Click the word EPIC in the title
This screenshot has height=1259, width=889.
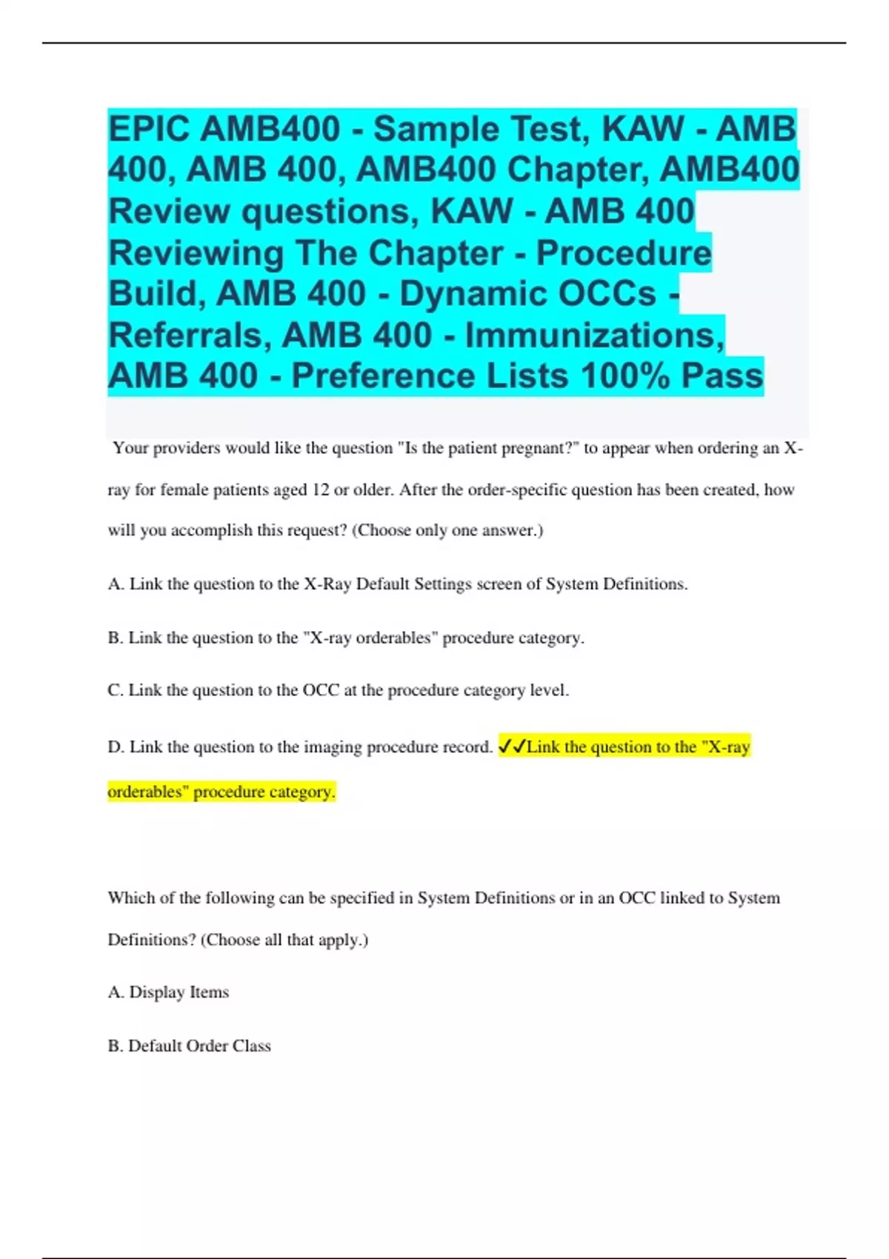point(149,129)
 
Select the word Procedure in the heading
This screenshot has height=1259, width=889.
point(623,253)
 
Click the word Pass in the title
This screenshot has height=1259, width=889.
point(722,375)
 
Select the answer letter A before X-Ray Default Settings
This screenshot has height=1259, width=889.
point(115,584)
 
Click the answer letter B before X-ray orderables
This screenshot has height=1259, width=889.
point(114,638)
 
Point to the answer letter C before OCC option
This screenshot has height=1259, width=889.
point(114,690)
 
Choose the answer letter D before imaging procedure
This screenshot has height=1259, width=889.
point(115,747)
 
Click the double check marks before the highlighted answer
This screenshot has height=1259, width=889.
point(511,747)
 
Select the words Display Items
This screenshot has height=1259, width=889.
point(179,992)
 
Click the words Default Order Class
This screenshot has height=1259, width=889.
point(199,1046)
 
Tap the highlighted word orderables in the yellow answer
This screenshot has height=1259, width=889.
point(147,792)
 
